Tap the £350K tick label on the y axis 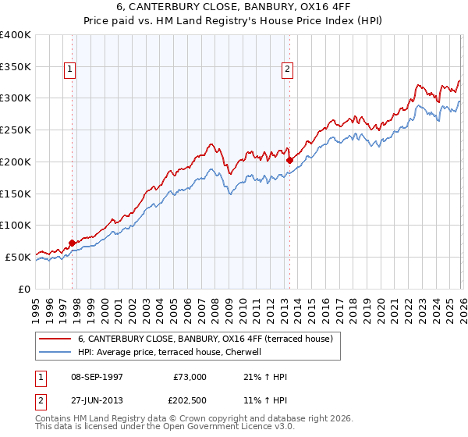[16, 66]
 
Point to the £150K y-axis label [16, 194]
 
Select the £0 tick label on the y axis [24, 289]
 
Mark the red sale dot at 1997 [73, 243]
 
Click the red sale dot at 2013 [289, 160]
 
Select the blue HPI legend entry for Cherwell [172, 352]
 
